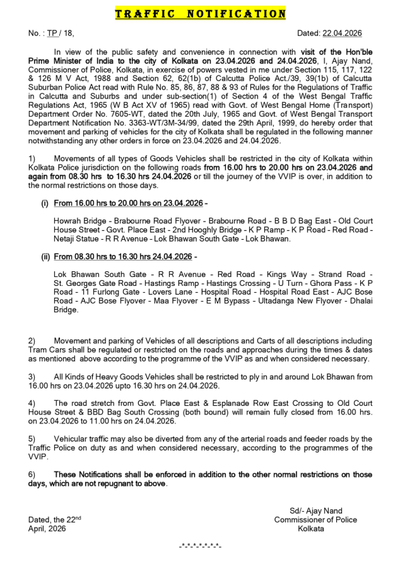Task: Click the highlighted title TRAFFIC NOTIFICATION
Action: coord(200,13)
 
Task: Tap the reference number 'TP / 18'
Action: coord(63,33)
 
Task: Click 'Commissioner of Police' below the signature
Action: coord(315,520)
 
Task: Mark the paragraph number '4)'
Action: coord(32,402)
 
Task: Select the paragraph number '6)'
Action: coord(32,474)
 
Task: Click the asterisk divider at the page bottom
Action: coord(200,545)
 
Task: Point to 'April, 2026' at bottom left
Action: coord(47,529)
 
